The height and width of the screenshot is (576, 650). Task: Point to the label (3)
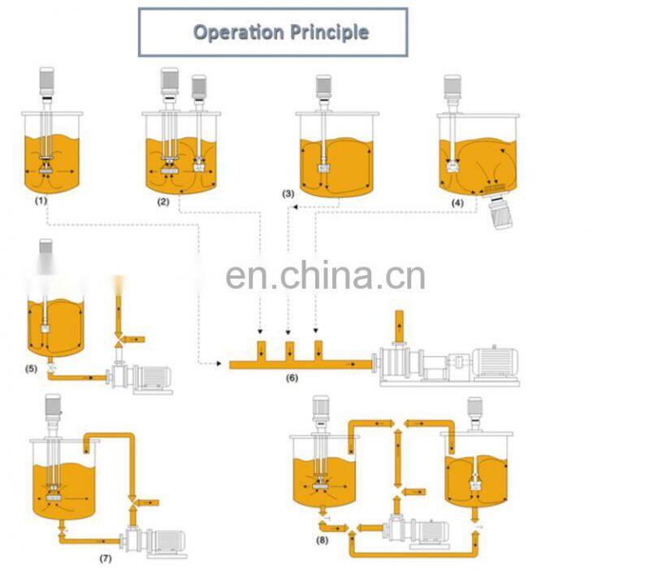[x=288, y=194]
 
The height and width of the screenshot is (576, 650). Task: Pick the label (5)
[x=31, y=368]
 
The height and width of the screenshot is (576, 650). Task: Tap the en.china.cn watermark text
[x=325, y=275]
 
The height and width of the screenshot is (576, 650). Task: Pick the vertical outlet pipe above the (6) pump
[x=399, y=329]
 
